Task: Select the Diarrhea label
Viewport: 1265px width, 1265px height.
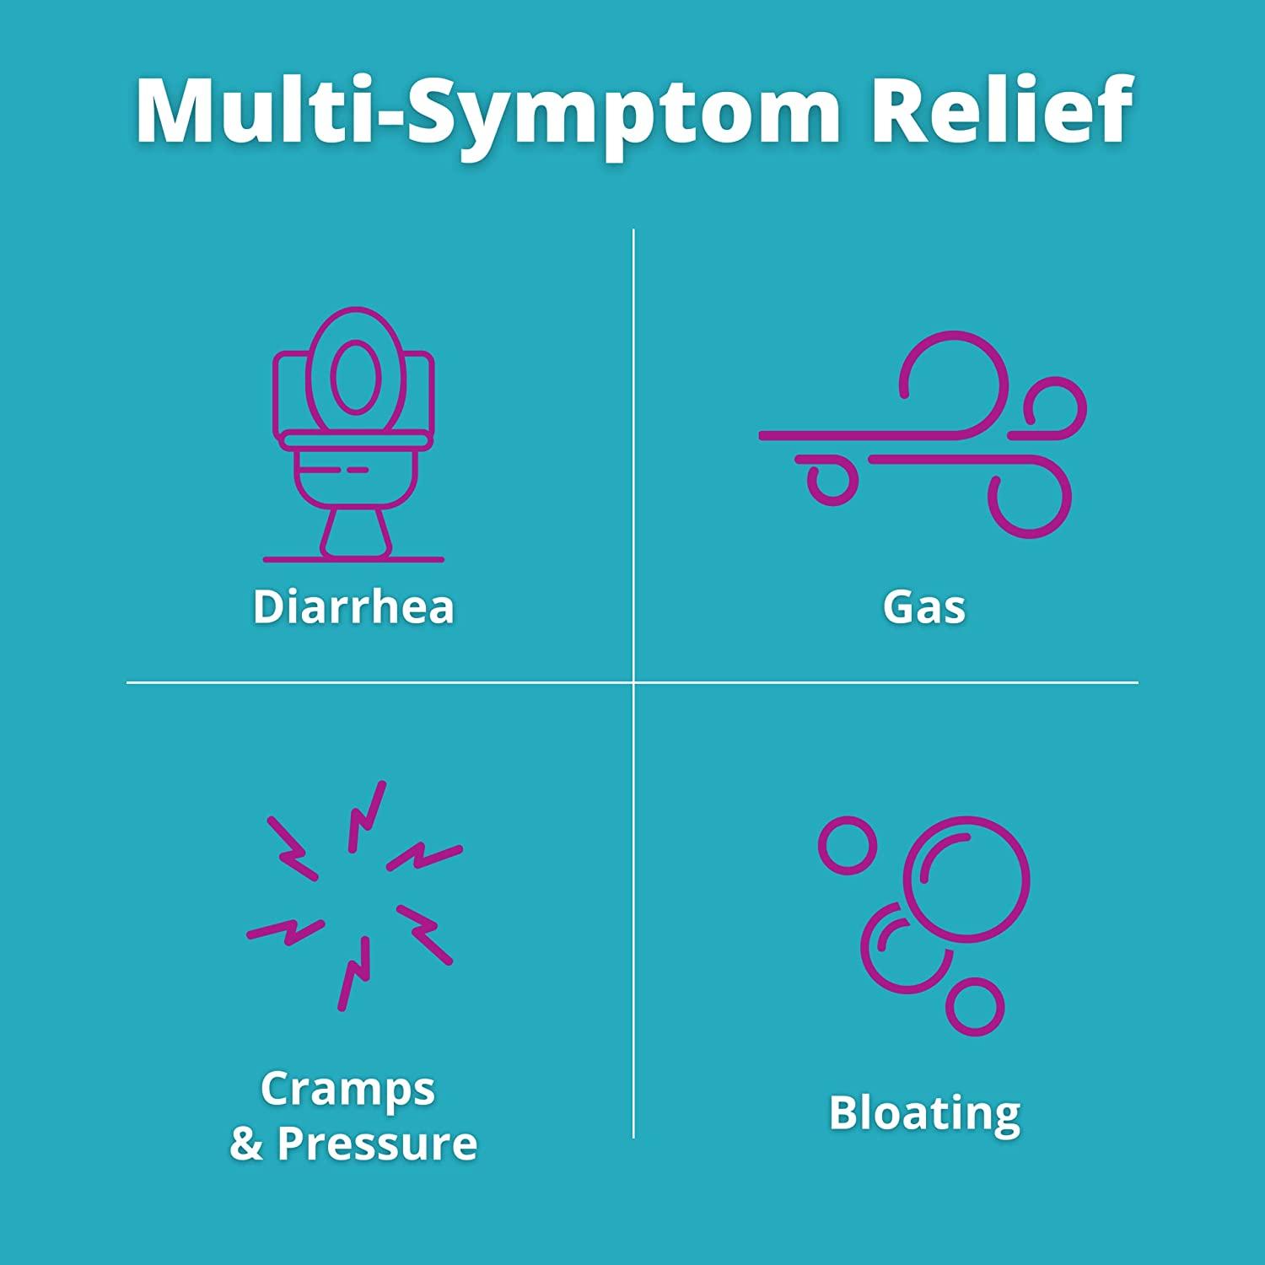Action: pyautogui.click(x=353, y=606)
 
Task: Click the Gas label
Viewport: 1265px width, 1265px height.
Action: pyautogui.click(x=924, y=606)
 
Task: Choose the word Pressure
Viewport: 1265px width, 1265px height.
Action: pyautogui.click(x=377, y=1144)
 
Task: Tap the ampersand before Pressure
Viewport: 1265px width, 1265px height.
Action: pyautogui.click(x=246, y=1144)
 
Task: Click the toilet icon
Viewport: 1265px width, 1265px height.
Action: pyautogui.click(x=353, y=434)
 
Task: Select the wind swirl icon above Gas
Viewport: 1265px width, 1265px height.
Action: pyautogui.click(x=923, y=434)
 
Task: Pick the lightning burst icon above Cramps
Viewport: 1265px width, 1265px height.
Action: pyautogui.click(x=354, y=896)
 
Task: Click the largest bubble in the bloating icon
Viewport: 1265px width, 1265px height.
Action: pyautogui.click(x=966, y=878)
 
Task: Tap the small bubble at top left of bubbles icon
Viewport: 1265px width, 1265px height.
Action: pyautogui.click(x=848, y=845)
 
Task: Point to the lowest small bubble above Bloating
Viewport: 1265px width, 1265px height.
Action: pyautogui.click(x=975, y=1007)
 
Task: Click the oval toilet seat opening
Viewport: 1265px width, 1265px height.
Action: pyautogui.click(x=353, y=377)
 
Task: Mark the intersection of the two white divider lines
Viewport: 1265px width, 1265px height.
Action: pyautogui.click(x=633, y=682)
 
